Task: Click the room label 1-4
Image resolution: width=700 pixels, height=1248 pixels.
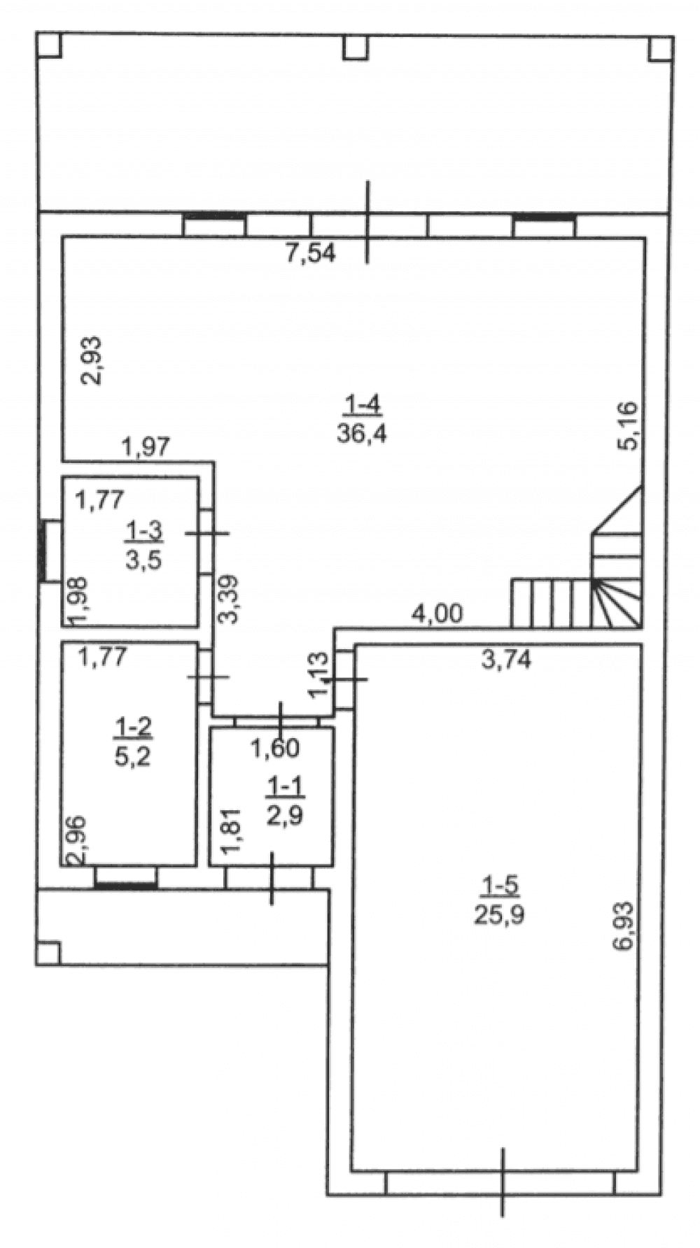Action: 362,404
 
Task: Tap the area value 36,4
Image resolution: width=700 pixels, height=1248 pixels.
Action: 362,434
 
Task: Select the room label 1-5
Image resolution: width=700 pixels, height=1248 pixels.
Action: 499,886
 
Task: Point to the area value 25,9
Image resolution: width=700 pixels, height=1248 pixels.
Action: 499,915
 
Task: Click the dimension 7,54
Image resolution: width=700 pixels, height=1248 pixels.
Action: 310,252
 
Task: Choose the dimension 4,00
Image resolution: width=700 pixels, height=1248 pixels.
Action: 437,614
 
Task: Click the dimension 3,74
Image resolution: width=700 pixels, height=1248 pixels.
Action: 506,659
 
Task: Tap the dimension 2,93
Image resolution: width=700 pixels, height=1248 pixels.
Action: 92,361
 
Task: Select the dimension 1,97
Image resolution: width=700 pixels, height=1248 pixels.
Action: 146,446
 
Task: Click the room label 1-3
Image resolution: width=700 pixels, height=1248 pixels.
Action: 143,531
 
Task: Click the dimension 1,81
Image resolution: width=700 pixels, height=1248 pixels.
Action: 233,830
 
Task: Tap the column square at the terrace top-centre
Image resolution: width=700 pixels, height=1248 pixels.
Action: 356,47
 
